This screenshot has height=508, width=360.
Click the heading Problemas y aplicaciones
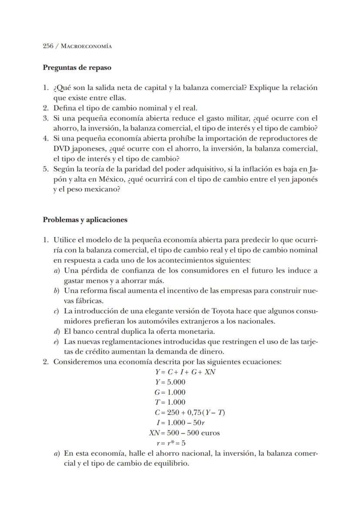pyautogui.click(x=85, y=220)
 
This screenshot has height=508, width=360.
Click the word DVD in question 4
pyautogui.click(x=61, y=148)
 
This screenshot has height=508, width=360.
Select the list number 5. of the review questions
pyautogui.click(x=46, y=169)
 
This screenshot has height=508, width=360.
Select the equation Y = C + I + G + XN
pyautogui.click(x=185, y=372)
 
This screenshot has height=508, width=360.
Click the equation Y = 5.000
pyautogui.click(x=170, y=382)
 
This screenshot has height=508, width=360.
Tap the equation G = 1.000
pyautogui.click(x=170, y=392)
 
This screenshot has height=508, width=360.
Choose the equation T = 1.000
pyautogui.click(x=170, y=402)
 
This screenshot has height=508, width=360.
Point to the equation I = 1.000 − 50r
pyautogui.click(x=180, y=423)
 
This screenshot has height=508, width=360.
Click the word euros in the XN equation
pyautogui.click(x=210, y=433)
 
